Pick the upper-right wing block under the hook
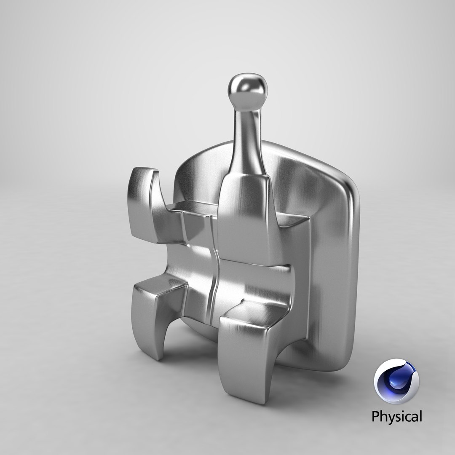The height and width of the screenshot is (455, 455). (244, 219)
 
